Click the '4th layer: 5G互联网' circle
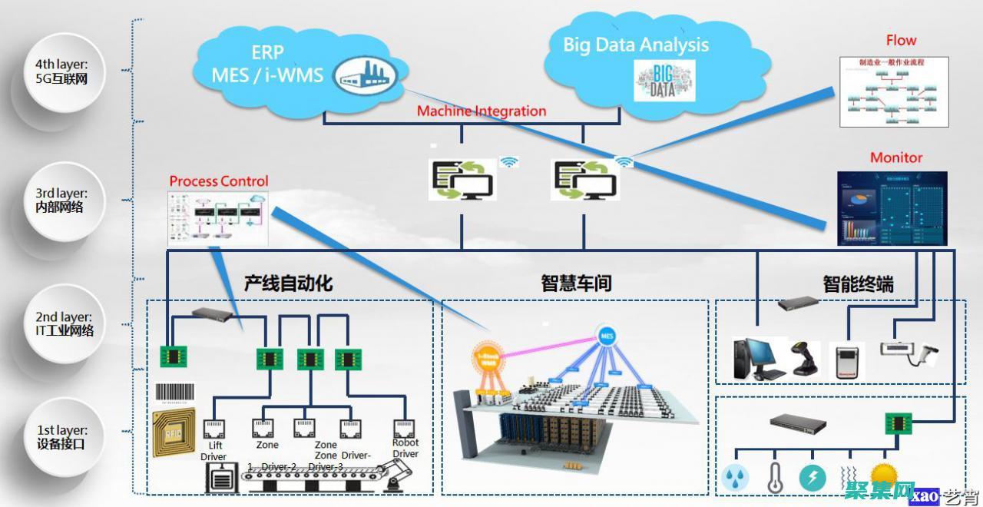click(x=65, y=71)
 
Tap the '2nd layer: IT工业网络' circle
click(x=65, y=323)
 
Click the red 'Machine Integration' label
click(x=482, y=111)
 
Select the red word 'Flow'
click(x=901, y=41)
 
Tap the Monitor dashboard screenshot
click(x=892, y=208)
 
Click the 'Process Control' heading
click(x=219, y=181)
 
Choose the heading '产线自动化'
click(x=288, y=283)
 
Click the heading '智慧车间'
click(x=576, y=283)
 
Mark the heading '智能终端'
click(x=858, y=284)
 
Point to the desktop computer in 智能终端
click(x=756, y=359)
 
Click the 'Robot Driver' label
click(x=405, y=448)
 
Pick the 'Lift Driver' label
click(x=213, y=451)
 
